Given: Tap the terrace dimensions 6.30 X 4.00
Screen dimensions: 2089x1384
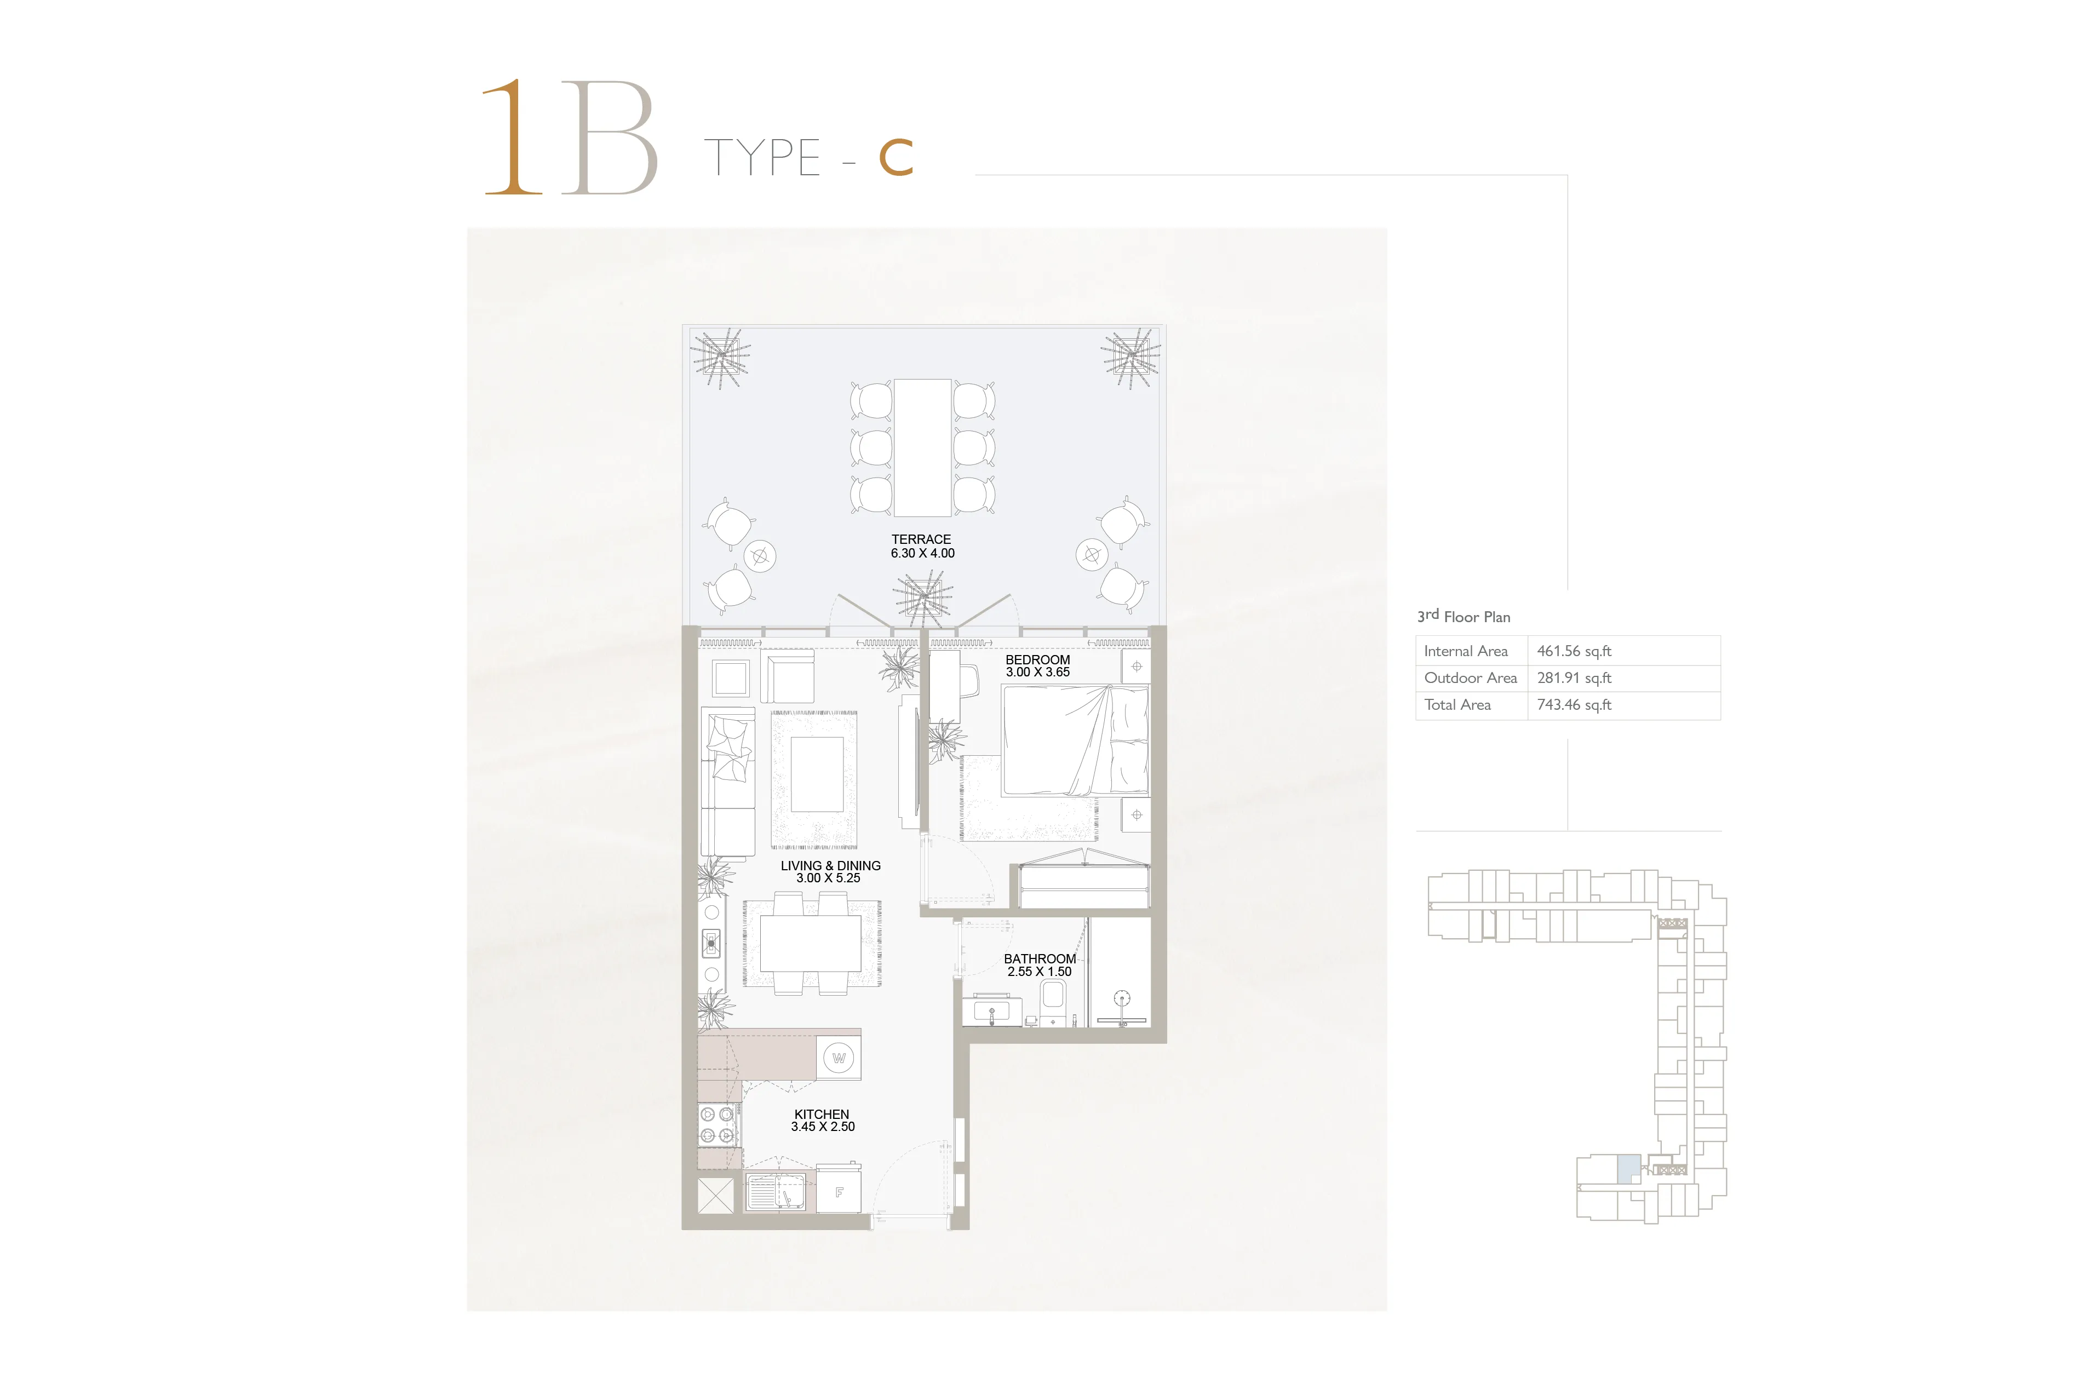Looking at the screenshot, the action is (922, 553).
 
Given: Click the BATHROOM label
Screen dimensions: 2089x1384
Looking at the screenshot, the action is (1040, 958).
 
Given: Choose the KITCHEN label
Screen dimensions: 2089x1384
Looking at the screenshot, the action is (821, 1114).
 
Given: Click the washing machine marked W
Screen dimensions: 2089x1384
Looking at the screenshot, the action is (839, 1058).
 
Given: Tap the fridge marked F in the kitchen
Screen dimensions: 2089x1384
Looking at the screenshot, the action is (839, 1192).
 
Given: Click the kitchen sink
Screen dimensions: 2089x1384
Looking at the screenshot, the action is (777, 1192).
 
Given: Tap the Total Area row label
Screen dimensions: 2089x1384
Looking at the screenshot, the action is (1457, 704).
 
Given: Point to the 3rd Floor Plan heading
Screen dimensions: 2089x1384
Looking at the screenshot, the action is (1464, 616).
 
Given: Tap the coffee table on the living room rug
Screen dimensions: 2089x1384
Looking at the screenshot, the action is (817, 774).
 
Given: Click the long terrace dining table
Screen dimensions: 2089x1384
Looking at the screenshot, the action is (922, 447).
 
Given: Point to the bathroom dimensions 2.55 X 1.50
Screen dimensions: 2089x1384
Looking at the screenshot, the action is (1040, 972).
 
